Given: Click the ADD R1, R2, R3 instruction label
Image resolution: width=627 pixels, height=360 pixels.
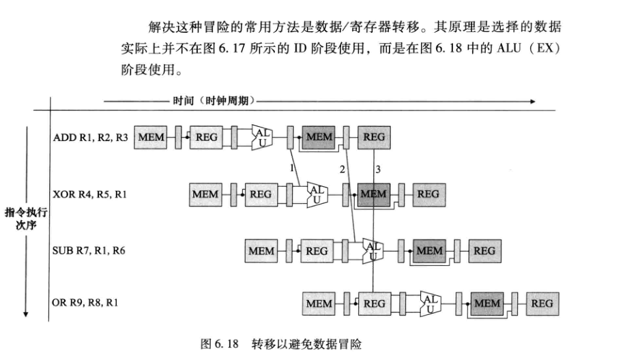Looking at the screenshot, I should (x=89, y=137).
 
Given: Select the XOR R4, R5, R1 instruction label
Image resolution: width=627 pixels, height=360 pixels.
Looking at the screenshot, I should (x=89, y=194).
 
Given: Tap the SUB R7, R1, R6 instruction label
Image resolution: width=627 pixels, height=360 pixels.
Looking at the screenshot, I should (x=89, y=250).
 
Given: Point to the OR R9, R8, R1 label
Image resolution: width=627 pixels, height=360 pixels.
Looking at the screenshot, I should (x=86, y=302).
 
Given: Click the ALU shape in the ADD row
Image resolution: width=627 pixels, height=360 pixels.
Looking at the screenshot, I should (x=263, y=137).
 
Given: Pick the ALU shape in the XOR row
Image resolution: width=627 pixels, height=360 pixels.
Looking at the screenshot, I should (x=318, y=194).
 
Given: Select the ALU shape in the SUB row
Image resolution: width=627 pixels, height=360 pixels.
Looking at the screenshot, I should (x=373, y=250).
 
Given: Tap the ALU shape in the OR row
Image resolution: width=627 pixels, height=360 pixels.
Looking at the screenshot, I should (x=431, y=302).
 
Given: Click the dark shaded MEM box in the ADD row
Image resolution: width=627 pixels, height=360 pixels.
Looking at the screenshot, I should (x=319, y=137).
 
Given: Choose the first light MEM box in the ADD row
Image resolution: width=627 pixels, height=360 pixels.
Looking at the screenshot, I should (x=151, y=137).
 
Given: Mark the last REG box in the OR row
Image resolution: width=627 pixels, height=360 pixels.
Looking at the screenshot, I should (x=542, y=303).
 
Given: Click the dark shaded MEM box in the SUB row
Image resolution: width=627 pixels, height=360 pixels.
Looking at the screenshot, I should (x=430, y=250).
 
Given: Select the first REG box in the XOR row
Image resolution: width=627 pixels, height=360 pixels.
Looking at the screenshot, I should (x=261, y=194).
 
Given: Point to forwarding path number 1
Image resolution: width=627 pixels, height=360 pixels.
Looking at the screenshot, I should (x=291, y=167).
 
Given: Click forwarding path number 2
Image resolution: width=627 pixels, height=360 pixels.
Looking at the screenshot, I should (x=342, y=168).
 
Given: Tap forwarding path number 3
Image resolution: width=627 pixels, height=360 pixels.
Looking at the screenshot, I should (x=378, y=168).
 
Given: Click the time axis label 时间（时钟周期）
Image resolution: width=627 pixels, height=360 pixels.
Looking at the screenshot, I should (x=214, y=101).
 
